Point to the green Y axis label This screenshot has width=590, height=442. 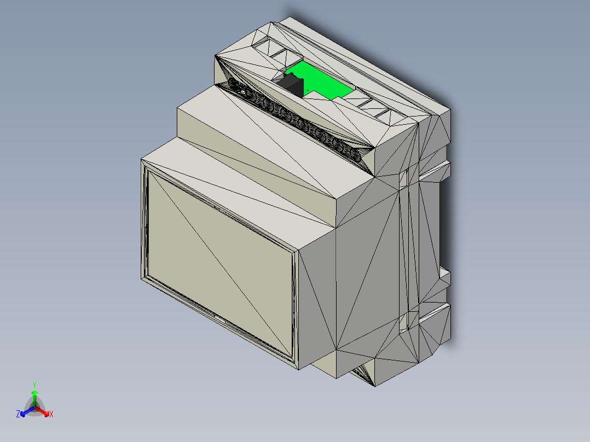pyautogui.click(x=34, y=385)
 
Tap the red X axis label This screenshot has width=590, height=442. pyautogui.click(x=51, y=415)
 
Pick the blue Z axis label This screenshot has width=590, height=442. pyautogui.click(x=18, y=415)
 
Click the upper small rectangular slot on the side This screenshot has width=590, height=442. pyautogui.click(x=404, y=178)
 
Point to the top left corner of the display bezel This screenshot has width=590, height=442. pyautogui.click(x=144, y=162)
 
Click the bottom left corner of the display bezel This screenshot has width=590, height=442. pyautogui.click(x=144, y=278)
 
